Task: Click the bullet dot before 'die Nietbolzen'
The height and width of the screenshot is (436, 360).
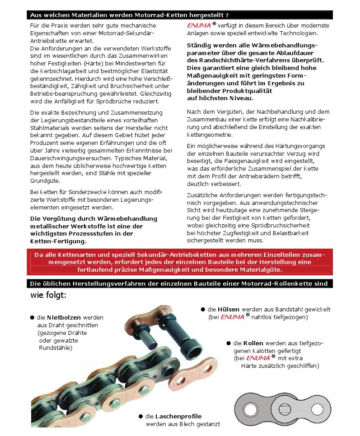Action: pyautogui.click(x=32, y=317)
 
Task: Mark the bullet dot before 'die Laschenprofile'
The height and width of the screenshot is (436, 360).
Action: pyautogui.click(x=140, y=416)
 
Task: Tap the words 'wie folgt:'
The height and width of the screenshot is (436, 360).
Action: pyautogui.click(x=48, y=295)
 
